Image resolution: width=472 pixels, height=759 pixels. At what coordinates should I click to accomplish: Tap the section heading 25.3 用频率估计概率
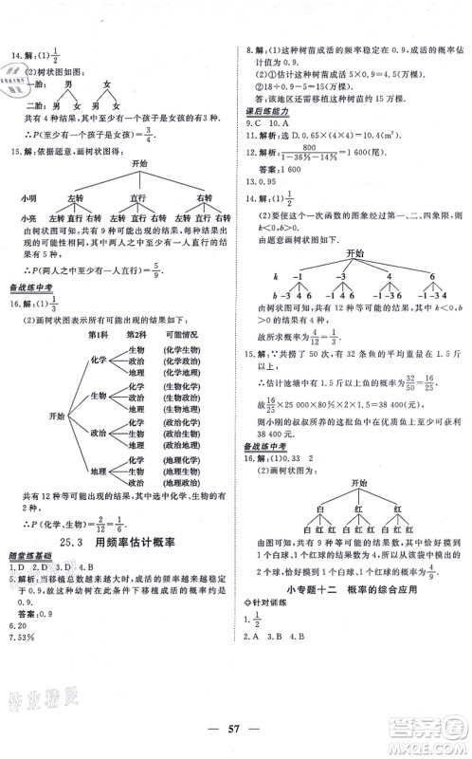tap(123, 544)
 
